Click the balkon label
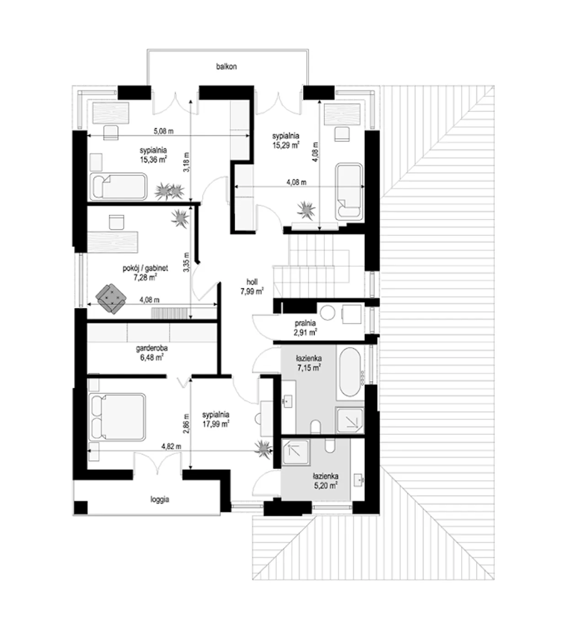[226, 67]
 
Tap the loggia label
[160, 500]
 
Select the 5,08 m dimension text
[164, 131]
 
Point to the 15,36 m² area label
[153, 160]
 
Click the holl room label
[252, 282]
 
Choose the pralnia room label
[305, 323]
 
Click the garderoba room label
[152, 348]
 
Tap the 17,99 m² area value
[216, 424]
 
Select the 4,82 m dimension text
[171, 446]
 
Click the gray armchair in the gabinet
[111, 298]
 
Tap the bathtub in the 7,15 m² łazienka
[350, 372]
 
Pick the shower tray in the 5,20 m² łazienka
[296, 453]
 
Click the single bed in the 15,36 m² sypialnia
[118, 186]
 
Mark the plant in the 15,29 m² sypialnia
[306, 210]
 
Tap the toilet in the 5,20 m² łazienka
[330, 445]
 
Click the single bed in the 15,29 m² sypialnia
[350, 192]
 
